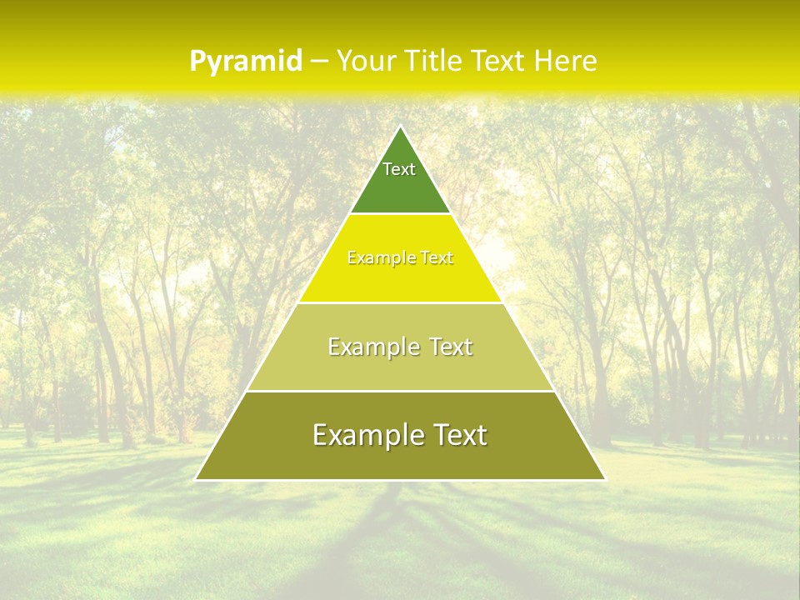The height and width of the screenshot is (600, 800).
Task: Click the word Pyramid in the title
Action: (x=246, y=61)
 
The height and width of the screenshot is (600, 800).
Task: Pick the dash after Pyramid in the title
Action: (x=318, y=62)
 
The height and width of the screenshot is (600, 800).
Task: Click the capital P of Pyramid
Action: (x=197, y=61)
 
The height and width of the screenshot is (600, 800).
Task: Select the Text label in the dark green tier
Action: (x=399, y=169)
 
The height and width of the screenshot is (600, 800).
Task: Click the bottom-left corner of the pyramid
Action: (x=196, y=479)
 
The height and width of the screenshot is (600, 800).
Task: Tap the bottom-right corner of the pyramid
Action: (x=606, y=479)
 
